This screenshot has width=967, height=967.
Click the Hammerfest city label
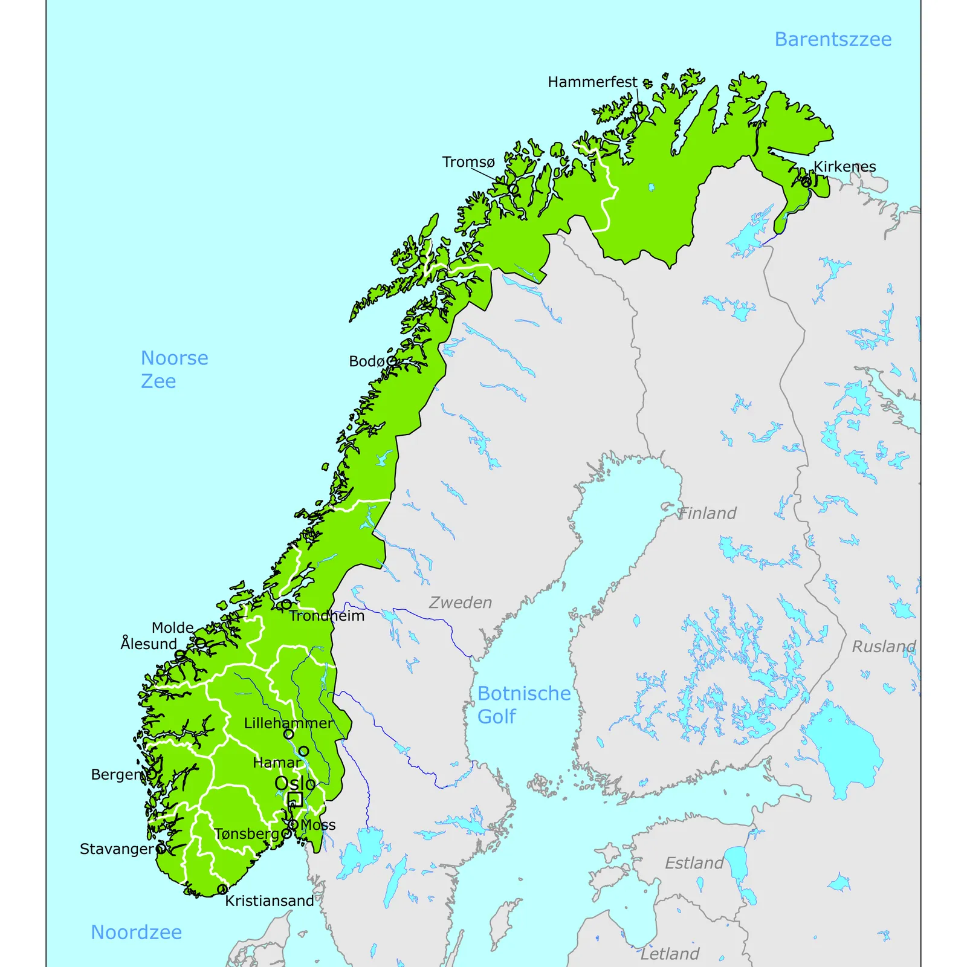[592, 82]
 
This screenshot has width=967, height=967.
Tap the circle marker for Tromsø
[513, 189]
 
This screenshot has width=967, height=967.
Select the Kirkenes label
[844, 166]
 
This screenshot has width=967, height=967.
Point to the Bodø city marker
[391, 361]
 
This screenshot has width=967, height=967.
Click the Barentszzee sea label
[832, 39]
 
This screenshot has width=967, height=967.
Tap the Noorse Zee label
[174, 369]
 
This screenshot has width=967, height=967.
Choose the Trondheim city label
[326, 616]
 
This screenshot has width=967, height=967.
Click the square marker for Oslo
[295, 800]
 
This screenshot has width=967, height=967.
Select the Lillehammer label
[288, 723]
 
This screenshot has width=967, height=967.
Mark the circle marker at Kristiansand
[222, 889]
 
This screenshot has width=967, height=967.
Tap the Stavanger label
[117, 849]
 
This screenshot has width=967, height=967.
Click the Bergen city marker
[152, 774]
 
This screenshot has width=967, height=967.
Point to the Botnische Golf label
[523, 705]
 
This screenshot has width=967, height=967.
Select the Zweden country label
[460, 602]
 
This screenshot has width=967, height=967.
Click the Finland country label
[707, 513]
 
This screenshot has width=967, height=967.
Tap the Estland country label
[694, 863]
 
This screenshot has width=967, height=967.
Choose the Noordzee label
[136, 932]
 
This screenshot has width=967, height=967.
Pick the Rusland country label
[883, 647]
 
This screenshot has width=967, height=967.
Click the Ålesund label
[148, 644]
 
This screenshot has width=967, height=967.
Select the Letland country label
[669, 954]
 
